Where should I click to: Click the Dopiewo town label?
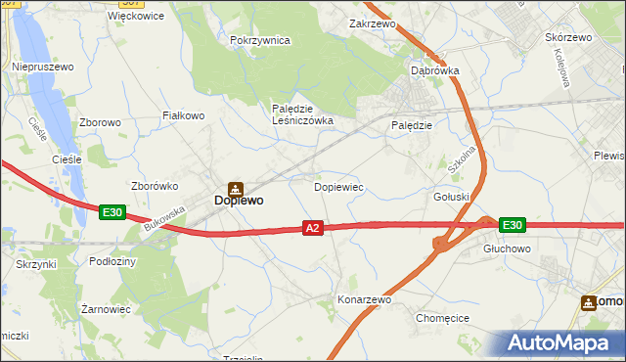coord(238,201)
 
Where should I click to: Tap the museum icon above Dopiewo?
coord(235,187)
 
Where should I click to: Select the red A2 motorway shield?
coord(312,228)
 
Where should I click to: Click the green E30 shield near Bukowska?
coord(112,211)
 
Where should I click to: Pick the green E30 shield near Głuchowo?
coord(512,225)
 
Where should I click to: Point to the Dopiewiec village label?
coord(338,186)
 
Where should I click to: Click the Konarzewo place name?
coord(364,299)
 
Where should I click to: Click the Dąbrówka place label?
coord(434,70)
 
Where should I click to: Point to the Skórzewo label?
coord(567,37)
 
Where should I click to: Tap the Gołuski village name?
coord(452,197)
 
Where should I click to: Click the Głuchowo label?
coord(508,249)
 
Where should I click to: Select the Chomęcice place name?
coord(443,318)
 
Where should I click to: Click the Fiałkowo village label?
coord(183,115)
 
